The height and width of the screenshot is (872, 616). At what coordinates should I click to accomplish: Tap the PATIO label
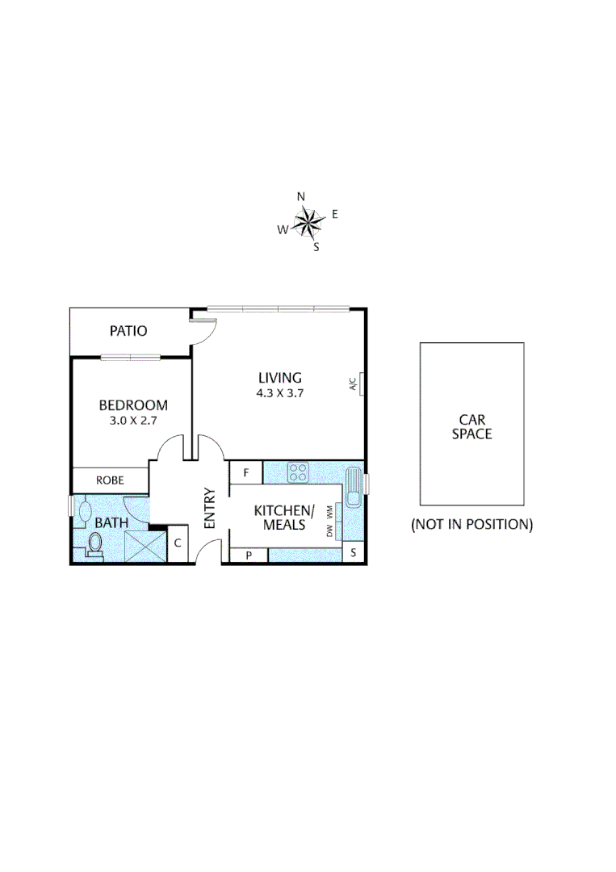click(129, 330)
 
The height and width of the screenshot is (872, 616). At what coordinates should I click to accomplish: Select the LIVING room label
click(279, 377)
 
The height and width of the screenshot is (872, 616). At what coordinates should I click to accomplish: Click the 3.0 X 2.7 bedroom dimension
click(133, 420)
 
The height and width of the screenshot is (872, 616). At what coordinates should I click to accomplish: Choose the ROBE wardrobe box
click(110, 480)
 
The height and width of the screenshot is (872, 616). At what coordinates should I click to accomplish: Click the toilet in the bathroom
click(93, 546)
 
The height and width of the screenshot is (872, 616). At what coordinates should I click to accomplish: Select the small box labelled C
click(178, 543)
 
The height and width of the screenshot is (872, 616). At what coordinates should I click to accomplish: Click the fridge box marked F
click(246, 472)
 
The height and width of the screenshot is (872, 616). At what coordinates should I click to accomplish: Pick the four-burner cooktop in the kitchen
click(298, 472)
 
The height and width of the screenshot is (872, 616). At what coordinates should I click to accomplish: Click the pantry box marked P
click(249, 555)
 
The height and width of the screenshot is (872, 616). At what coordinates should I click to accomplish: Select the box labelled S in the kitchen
click(353, 553)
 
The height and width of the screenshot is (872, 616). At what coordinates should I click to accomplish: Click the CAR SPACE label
click(471, 426)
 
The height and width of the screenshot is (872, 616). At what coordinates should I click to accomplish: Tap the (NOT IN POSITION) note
click(471, 524)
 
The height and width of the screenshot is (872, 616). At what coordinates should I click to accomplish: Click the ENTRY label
click(210, 508)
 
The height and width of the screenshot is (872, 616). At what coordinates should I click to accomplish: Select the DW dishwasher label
click(329, 531)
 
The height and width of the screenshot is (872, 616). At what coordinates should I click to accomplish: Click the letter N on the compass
click(301, 196)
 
